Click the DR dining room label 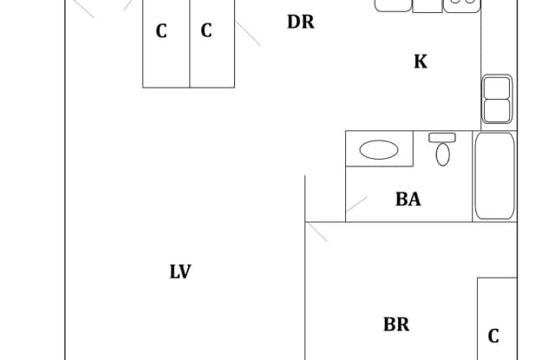click(301, 22)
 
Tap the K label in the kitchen click(421, 62)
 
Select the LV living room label click(180, 272)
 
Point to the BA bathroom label click(408, 199)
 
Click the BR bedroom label click(396, 324)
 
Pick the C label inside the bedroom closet click(493, 337)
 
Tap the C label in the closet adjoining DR click(206, 30)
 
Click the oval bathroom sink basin click(379, 150)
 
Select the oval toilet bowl click(443, 154)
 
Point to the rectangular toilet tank click(442, 138)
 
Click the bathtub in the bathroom click(494, 176)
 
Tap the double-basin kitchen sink click(497, 99)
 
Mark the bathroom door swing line click(356, 204)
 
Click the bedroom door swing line click(317, 232)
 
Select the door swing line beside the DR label click(248, 33)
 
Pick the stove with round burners click(462, 5)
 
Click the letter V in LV click(185, 272)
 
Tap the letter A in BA click(415, 199)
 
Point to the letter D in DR click(294, 22)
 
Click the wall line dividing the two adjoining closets click(190, 43)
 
